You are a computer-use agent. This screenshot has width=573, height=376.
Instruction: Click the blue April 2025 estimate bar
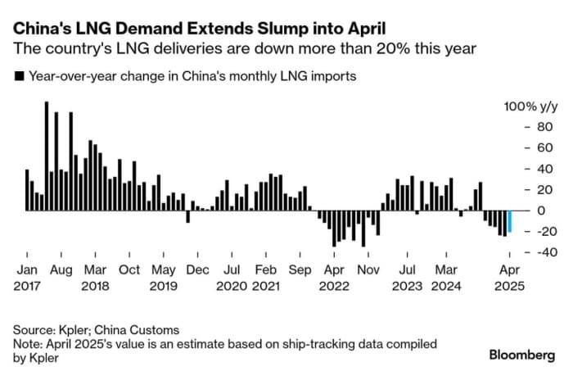(x=509, y=221)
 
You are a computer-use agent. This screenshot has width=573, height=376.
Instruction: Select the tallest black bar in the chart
(x=47, y=156)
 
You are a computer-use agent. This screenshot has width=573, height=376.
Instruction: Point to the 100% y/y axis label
(x=529, y=106)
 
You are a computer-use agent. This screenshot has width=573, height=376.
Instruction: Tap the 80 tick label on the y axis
(x=521, y=127)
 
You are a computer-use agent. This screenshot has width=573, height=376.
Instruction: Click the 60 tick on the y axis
(x=521, y=147)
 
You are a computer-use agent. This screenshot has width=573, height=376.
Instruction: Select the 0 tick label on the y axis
(x=517, y=211)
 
